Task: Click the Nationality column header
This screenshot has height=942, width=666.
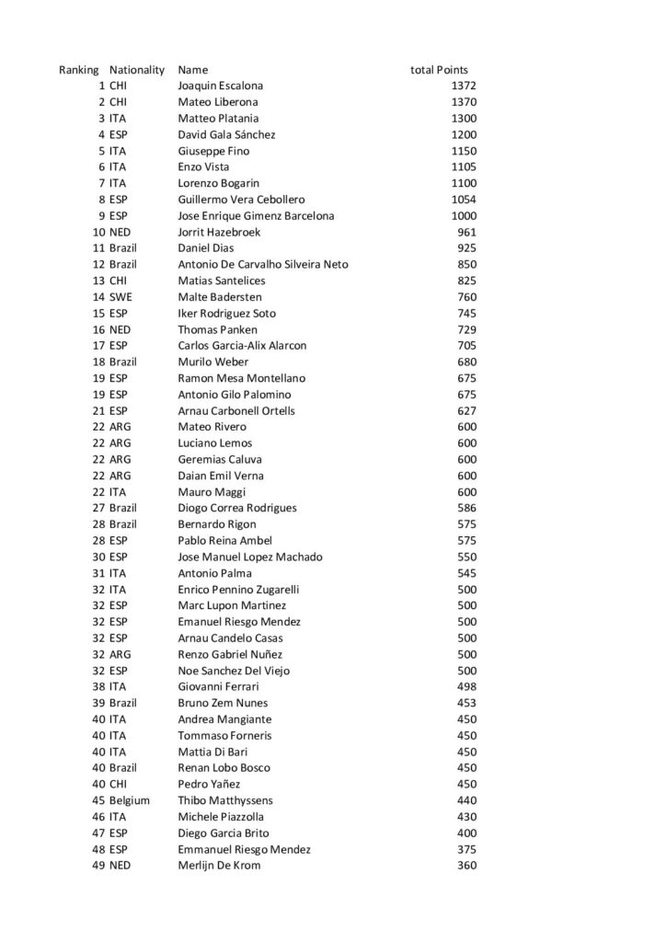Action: coord(136,70)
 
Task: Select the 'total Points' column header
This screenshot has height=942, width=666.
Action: coord(439,70)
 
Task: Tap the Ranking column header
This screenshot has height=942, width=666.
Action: coord(78,70)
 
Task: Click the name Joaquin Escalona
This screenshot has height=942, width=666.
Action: coord(220,86)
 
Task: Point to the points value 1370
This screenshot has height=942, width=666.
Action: coord(464,102)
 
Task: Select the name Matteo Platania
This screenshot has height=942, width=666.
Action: coord(218,119)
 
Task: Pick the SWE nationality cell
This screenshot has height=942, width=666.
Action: coord(121,297)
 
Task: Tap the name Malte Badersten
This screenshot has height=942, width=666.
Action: coord(220,297)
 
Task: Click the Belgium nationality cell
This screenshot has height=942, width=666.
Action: coord(129,800)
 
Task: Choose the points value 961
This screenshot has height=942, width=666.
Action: coord(466,232)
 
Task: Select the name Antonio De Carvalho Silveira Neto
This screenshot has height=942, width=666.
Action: coord(263,265)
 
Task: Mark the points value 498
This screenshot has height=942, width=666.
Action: coord(466,686)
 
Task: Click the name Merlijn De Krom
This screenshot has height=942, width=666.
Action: coord(219,866)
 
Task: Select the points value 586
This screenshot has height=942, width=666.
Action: coord(466,508)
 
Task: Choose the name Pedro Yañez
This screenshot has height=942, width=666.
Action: coord(209,784)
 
